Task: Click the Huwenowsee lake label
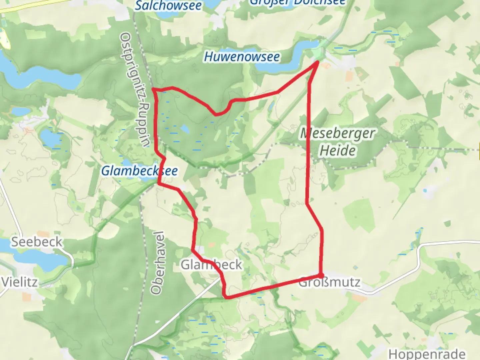[x=242, y=57]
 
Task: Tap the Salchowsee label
[x=168, y=5]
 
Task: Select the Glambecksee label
[x=139, y=171]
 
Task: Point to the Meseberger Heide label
[x=337, y=142]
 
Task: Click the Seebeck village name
[x=37, y=242]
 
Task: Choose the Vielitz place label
[x=19, y=282]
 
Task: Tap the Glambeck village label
[x=211, y=265]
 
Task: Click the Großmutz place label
[x=329, y=283]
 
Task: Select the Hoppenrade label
[x=427, y=354]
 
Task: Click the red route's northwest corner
[x=154, y=89]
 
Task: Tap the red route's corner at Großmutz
[x=321, y=276]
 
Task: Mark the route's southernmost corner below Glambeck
[x=227, y=296]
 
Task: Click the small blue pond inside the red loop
[x=185, y=129]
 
